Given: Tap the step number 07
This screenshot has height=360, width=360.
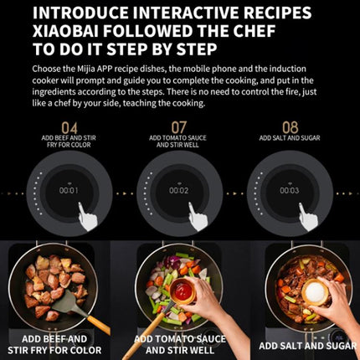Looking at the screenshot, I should tap(179, 128).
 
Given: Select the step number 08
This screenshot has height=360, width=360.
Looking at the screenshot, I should tap(290, 128).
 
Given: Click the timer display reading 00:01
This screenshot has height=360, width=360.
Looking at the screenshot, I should tap(69, 190).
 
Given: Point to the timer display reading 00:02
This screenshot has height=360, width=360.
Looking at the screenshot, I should tap(179, 190).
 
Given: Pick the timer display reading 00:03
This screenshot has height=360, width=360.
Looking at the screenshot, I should tap(290, 190).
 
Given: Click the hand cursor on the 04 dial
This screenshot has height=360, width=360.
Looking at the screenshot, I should tap(88, 218).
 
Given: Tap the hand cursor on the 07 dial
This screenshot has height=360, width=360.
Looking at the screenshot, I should tap(198, 218).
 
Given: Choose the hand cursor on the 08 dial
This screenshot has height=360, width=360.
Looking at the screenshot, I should tap(308, 218).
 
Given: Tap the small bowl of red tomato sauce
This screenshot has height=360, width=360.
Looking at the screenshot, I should tap(182, 291).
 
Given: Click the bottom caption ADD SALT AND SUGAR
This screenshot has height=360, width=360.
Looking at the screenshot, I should tap(307, 345).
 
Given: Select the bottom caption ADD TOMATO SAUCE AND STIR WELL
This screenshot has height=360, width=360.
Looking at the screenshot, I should tap(180, 345).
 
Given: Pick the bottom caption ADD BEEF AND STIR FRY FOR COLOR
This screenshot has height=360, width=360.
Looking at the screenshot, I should tap(58, 345).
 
